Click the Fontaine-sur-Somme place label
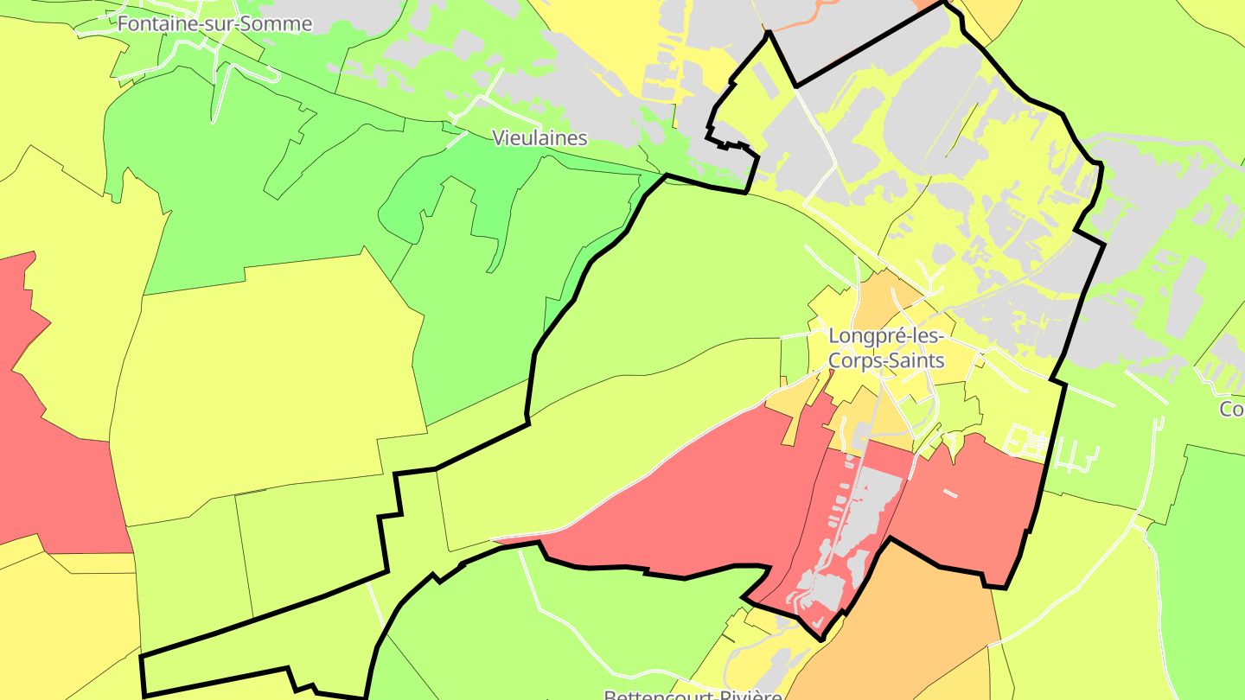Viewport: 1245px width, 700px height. click(x=214, y=24)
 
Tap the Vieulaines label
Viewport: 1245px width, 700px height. click(x=539, y=137)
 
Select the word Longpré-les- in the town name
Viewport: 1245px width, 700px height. click(x=884, y=335)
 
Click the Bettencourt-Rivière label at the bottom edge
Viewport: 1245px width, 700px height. click(x=693, y=694)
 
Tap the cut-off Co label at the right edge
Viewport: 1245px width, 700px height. click(x=1231, y=409)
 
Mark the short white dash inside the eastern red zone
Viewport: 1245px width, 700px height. click(x=950, y=493)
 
